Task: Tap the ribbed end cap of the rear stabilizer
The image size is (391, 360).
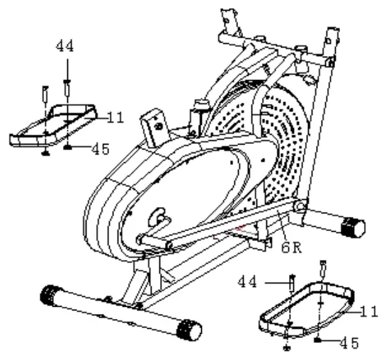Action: pos(352,228)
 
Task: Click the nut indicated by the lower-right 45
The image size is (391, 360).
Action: pos(319,340)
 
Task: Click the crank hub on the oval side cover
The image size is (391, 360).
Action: pos(157,216)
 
